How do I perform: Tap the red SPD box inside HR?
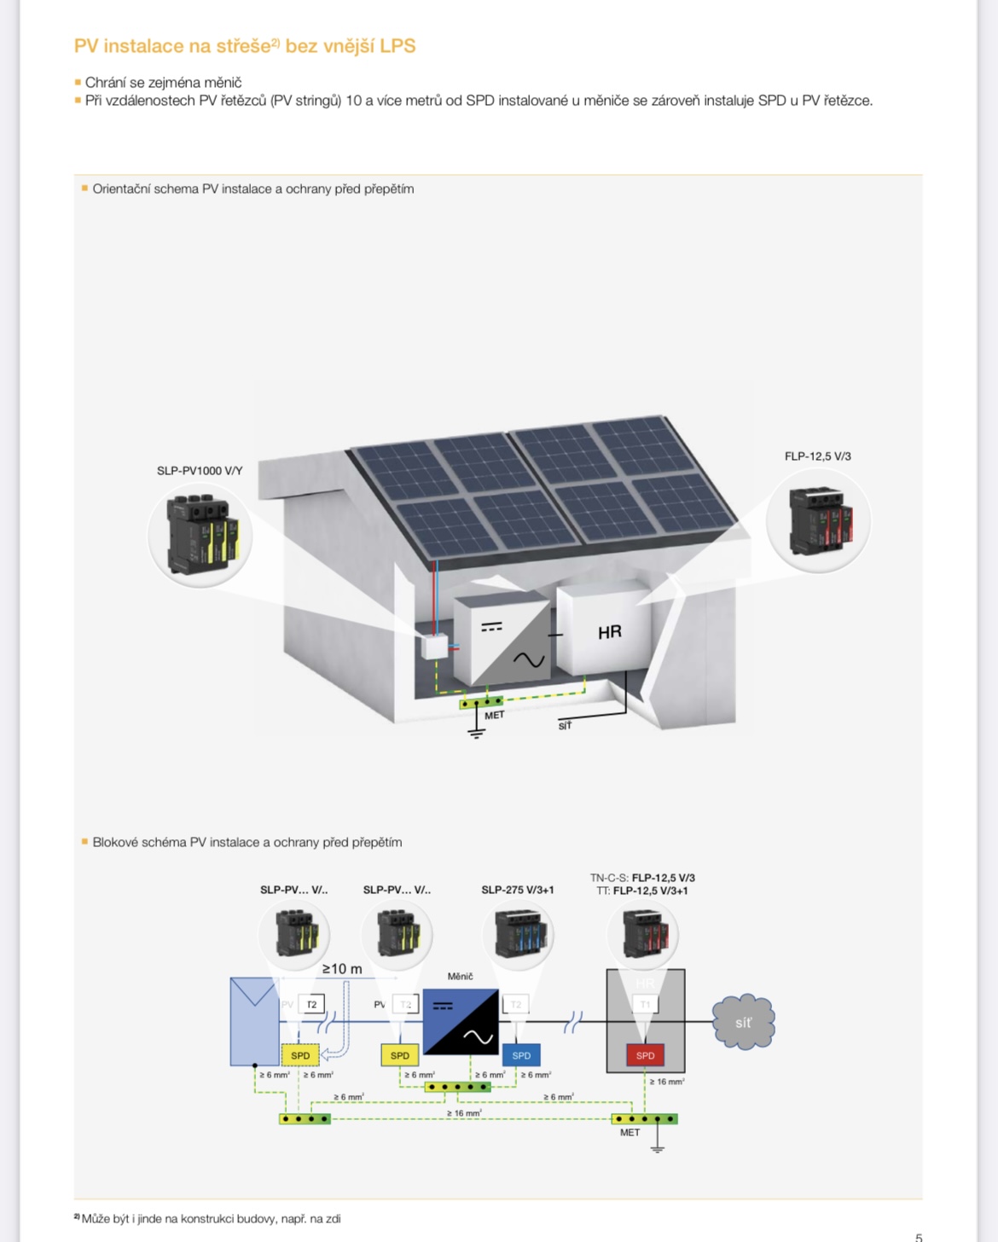point(645,1055)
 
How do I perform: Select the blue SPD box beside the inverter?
point(521,1055)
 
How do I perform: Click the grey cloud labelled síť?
point(744,1022)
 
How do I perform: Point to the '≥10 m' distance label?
point(341,969)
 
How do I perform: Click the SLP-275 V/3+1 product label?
point(517,890)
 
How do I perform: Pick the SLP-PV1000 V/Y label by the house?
point(200,471)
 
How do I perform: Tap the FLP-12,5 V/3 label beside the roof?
point(817,456)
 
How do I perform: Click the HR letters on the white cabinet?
point(610,632)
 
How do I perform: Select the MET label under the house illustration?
point(495,716)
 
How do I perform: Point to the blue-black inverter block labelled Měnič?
point(461,1022)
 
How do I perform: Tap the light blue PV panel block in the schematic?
point(254,1022)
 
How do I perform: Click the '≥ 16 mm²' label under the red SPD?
point(666,1082)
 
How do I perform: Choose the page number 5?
point(919,1237)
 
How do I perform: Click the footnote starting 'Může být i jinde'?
point(210,1219)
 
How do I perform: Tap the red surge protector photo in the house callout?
point(818,520)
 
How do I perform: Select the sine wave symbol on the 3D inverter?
point(528,659)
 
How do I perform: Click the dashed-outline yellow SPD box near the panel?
point(300,1055)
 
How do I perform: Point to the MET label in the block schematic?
point(630,1133)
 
